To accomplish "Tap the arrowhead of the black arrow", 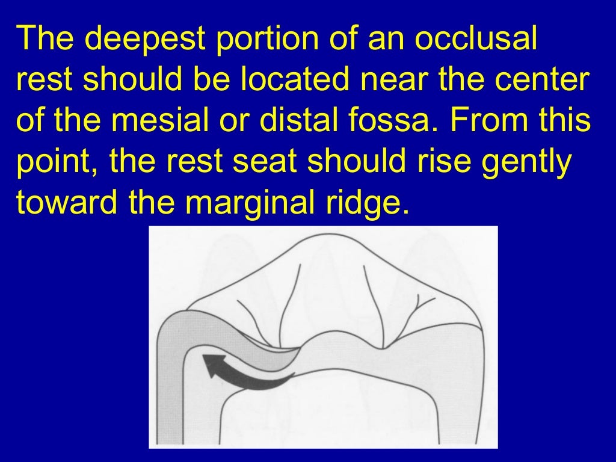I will tap(211, 365).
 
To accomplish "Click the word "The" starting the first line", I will tap(45, 39).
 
